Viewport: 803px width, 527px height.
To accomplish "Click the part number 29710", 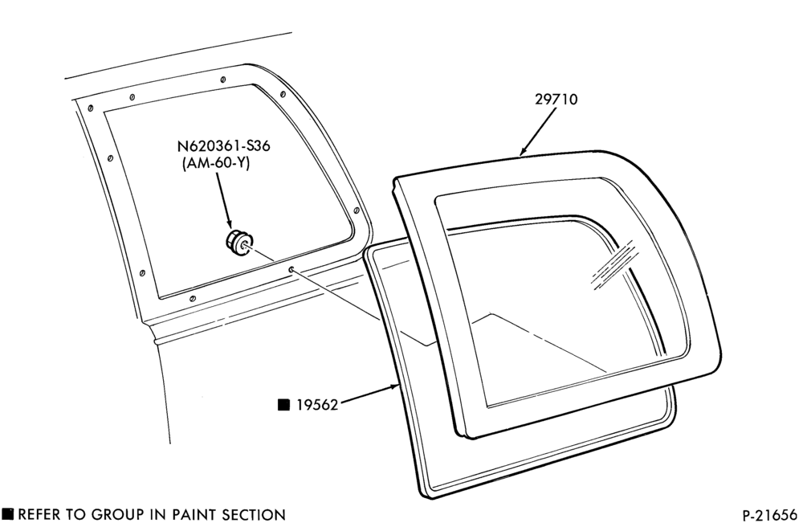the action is point(556,99).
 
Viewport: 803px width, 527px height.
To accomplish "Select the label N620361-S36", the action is point(224,146).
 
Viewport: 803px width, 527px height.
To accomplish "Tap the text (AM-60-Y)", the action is point(215,163).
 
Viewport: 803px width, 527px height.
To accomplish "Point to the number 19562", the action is point(317,405).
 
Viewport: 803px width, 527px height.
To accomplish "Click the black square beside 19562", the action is point(283,405).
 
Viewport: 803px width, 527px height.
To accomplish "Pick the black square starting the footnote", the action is point(8,513).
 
